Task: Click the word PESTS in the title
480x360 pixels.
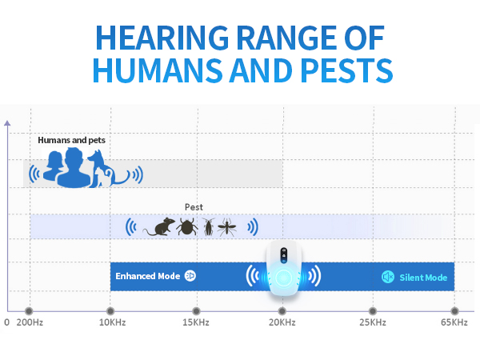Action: (x=345, y=70)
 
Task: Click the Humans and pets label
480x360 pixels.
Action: (x=71, y=140)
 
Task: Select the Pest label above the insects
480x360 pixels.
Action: (x=194, y=206)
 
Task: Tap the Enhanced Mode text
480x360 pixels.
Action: (x=147, y=276)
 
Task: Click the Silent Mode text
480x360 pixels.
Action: (x=423, y=277)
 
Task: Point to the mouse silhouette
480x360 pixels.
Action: (x=158, y=227)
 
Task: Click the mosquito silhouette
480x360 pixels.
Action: (x=227, y=227)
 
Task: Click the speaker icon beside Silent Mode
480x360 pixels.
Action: (x=388, y=277)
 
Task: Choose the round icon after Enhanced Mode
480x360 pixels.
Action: (x=190, y=276)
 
